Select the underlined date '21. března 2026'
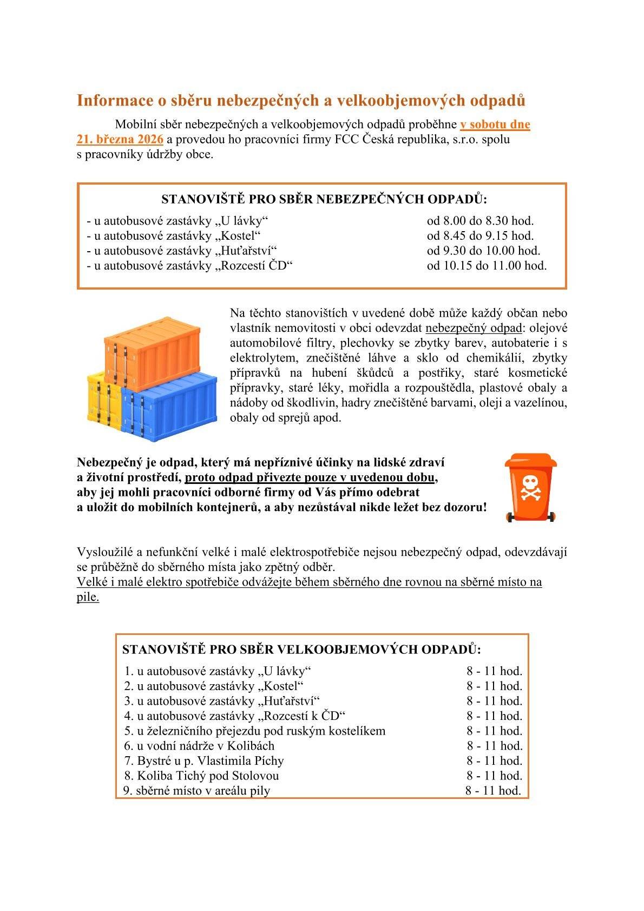(x=120, y=139)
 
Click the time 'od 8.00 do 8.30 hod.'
(x=480, y=221)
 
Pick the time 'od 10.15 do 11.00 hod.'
(x=487, y=266)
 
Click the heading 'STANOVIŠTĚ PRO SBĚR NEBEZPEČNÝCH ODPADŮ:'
(x=324, y=199)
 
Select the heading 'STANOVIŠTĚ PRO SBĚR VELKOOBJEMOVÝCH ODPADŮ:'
(x=301, y=649)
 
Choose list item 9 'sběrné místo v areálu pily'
(x=197, y=790)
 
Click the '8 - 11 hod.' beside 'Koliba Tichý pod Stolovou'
(x=494, y=775)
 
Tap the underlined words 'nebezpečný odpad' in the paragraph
(x=474, y=328)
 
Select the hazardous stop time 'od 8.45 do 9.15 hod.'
(x=480, y=236)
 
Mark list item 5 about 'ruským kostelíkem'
(x=255, y=731)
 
